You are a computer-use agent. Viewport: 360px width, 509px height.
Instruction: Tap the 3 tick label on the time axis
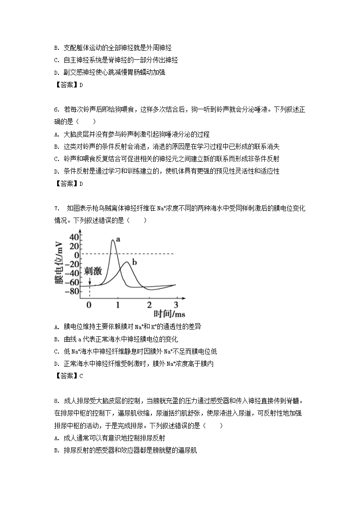point(176,305)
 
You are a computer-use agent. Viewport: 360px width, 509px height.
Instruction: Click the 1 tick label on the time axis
point(118,305)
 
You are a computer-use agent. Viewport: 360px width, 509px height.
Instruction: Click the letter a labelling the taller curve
point(118,239)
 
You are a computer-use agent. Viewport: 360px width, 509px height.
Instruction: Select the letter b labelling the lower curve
point(135,261)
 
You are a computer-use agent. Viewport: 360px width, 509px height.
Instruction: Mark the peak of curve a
point(112,240)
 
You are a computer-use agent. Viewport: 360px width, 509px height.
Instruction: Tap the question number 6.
point(55,110)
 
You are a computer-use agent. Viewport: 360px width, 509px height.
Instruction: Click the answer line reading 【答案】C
point(68,375)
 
